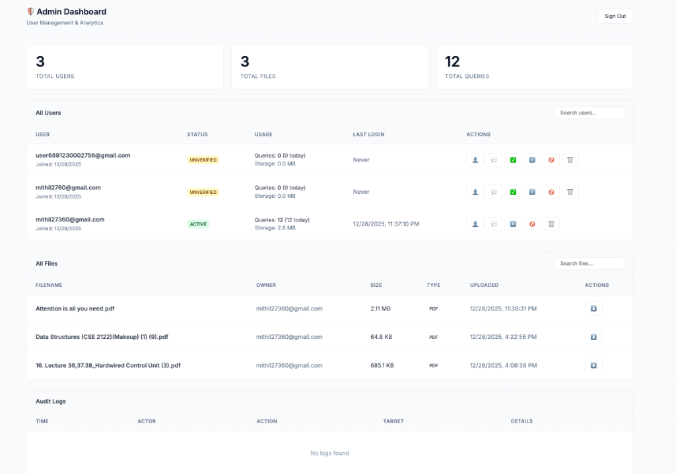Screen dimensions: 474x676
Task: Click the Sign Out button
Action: coord(615,16)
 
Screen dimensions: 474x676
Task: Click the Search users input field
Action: coord(589,113)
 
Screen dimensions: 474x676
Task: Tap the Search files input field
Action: coord(589,263)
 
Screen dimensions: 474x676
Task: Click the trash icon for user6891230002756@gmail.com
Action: coord(570,160)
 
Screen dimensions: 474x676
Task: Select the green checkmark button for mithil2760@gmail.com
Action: coord(513,192)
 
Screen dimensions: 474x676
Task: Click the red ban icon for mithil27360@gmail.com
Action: coord(532,224)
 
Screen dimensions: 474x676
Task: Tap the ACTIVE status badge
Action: coord(198,224)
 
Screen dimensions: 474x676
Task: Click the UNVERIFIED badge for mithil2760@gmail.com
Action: coord(203,192)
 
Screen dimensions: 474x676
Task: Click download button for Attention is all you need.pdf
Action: coord(593,309)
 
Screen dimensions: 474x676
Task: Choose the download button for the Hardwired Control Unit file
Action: coord(593,365)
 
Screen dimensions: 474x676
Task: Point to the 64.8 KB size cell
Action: coord(381,337)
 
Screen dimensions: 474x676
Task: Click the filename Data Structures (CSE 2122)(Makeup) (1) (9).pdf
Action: coord(102,337)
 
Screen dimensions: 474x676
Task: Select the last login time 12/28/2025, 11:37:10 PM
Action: coord(386,224)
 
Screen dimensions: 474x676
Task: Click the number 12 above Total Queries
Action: coord(452,61)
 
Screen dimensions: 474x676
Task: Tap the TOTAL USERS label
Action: coord(55,76)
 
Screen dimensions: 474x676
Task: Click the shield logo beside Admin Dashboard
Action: coord(30,12)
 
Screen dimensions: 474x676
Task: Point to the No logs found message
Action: coord(329,453)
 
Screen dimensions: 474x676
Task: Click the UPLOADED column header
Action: coord(484,285)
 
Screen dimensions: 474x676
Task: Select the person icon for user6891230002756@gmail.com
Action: coord(475,160)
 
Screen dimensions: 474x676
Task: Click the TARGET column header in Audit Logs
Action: coord(393,421)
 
